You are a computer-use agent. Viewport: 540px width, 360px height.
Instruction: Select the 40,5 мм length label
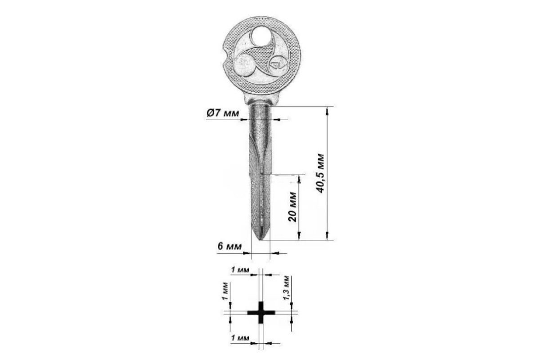[320, 173]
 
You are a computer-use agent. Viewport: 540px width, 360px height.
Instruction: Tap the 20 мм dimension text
[292, 207]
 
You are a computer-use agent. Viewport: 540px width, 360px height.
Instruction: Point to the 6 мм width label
[229, 247]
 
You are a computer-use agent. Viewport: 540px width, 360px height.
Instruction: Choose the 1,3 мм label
[286, 288]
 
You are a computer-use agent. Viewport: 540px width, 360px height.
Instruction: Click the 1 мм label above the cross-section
[240, 270]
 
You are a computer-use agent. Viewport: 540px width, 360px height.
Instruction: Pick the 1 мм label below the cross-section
[240, 338]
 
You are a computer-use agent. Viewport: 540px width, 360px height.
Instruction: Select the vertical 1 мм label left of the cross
[225, 291]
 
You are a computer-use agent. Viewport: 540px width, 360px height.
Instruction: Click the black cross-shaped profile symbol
[261, 312]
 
